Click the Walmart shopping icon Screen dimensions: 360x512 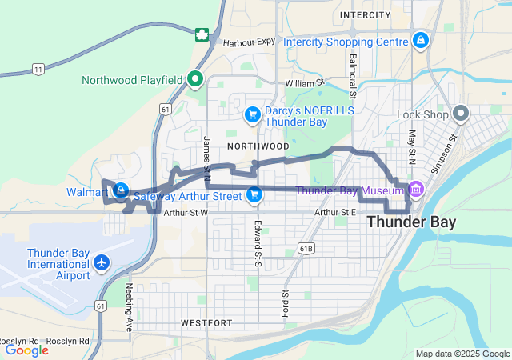coord(120,190)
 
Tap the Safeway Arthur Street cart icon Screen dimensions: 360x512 coord(254,194)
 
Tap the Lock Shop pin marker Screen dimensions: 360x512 coord(462,114)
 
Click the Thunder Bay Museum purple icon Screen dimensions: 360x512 coord(415,190)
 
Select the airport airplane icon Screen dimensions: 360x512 coord(102,262)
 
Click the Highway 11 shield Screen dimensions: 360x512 coord(38,70)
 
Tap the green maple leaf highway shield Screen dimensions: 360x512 coord(203,34)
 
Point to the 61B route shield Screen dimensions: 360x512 coord(306,250)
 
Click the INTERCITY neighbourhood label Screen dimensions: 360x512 coord(365,15)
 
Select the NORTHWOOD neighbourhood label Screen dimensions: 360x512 coord(258,146)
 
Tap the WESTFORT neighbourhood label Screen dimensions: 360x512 coord(206,323)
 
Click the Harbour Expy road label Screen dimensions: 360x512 coord(249,42)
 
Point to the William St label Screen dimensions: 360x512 coord(305,82)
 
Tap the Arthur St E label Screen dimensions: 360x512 coord(335,212)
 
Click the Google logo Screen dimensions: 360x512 coord(26,350)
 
